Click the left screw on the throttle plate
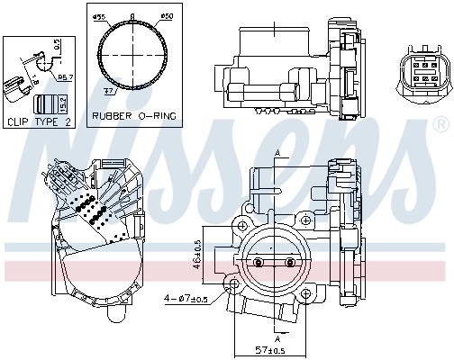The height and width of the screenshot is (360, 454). pos(259,262)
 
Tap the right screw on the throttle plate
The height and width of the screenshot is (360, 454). pos(289,262)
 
